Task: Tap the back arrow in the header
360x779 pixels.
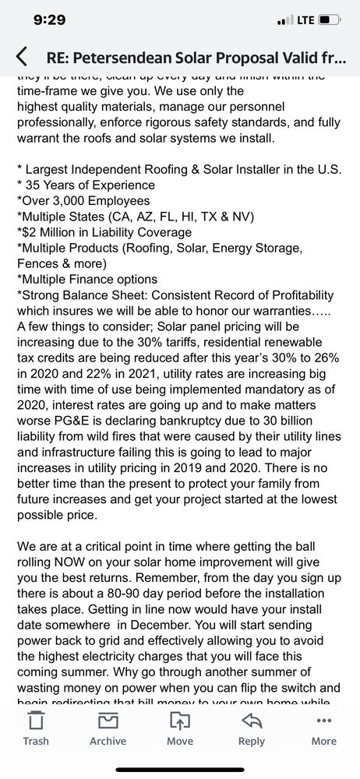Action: (x=22, y=56)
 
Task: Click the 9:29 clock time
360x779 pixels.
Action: (x=48, y=19)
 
